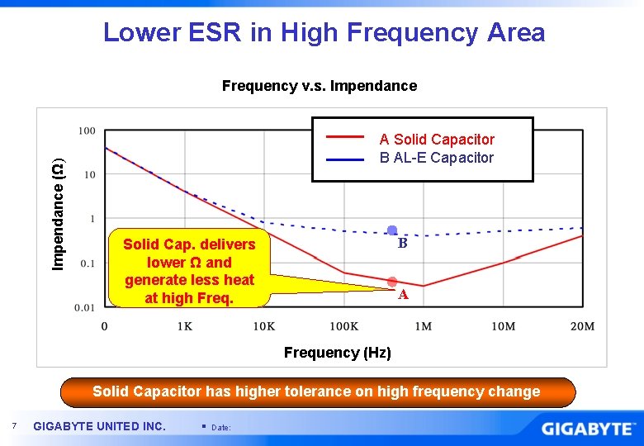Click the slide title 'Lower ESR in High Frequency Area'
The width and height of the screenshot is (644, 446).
[x=324, y=32]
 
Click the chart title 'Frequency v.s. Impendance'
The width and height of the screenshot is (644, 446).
[x=320, y=86]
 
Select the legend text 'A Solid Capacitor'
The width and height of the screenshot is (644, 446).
[x=437, y=140]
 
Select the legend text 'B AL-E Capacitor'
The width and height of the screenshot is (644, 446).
[x=437, y=158]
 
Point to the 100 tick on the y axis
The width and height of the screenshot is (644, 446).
[x=87, y=130]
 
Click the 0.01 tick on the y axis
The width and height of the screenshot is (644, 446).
[x=85, y=308]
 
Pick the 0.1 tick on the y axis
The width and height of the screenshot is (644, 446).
[x=87, y=263]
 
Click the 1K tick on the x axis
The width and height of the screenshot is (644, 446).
[x=185, y=326]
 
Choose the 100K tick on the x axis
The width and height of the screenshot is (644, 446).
[x=344, y=326]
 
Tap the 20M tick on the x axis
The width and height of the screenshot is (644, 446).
[x=582, y=326]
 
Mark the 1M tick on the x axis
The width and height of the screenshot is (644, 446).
[x=424, y=326]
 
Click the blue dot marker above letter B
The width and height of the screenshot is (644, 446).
[x=393, y=230]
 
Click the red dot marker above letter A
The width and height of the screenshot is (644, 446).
[x=392, y=282]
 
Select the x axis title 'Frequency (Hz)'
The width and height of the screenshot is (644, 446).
[x=337, y=353]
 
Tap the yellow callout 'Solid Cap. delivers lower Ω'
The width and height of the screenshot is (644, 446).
[x=189, y=271]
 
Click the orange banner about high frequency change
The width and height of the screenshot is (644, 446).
[x=316, y=392]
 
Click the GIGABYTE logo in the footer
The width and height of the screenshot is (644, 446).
[x=589, y=428]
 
